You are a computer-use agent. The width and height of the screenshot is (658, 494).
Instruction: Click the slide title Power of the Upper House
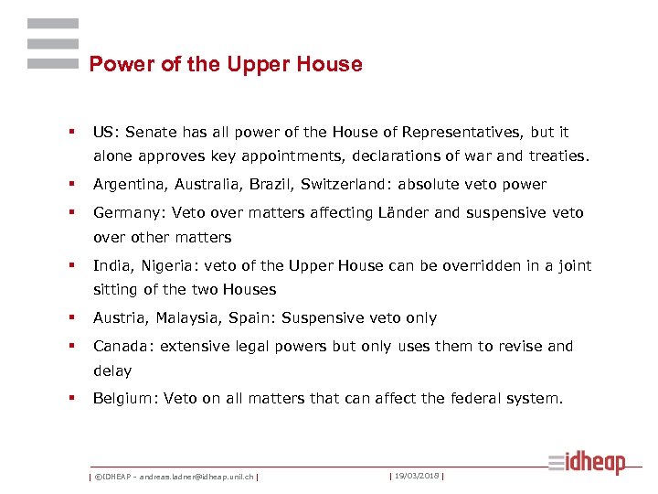pos(226,64)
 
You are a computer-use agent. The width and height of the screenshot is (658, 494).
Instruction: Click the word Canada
pos(120,347)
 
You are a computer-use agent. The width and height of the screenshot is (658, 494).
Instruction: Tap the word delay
pos(112,371)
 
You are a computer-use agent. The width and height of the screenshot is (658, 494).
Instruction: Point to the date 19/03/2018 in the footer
pos(417,476)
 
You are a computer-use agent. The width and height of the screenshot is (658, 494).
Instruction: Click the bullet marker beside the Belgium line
pos(70,399)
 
